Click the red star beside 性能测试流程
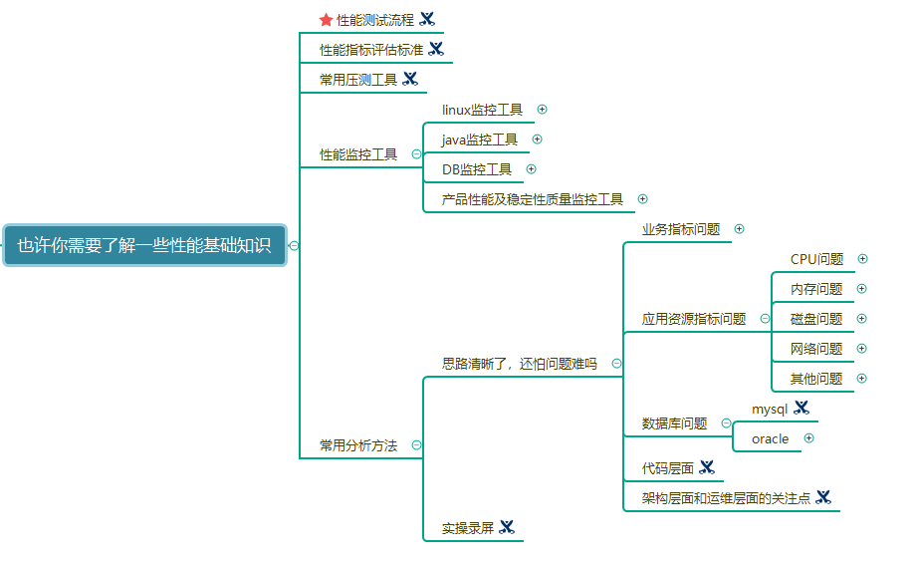click(x=326, y=19)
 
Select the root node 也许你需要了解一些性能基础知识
click(x=144, y=245)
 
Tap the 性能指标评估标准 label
click(x=371, y=49)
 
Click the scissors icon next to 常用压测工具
click(x=410, y=79)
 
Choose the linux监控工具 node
click(x=482, y=110)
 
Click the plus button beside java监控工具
click(x=538, y=140)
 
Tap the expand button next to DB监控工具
click(x=532, y=169)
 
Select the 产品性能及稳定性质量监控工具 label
click(x=533, y=199)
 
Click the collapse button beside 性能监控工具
click(x=416, y=154)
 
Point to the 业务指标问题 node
click(x=681, y=229)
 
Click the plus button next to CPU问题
click(x=862, y=259)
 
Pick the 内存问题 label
click(x=816, y=289)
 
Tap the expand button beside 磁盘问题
click(x=862, y=319)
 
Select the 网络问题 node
click(x=816, y=349)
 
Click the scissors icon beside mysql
click(x=801, y=408)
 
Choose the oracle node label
click(x=770, y=438)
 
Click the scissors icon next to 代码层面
click(x=707, y=467)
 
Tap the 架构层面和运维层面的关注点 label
click(x=726, y=497)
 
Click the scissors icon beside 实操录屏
click(x=507, y=527)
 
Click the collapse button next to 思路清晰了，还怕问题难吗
click(x=617, y=364)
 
